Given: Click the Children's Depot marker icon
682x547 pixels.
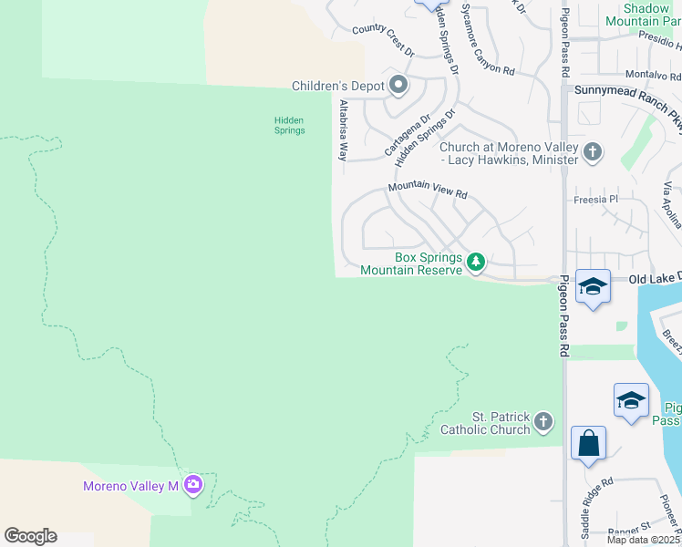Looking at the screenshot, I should click(x=398, y=87).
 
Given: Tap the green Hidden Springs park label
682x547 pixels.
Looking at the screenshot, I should click(x=290, y=125).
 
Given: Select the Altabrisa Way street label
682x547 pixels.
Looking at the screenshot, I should click(x=344, y=130).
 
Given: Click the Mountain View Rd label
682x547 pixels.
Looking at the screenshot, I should click(x=427, y=191).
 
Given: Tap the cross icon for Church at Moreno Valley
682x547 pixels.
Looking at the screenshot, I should click(x=593, y=151).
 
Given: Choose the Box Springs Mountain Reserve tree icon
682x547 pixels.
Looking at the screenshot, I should click(x=475, y=263).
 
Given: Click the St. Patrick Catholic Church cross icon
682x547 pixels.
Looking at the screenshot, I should click(x=543, y=422).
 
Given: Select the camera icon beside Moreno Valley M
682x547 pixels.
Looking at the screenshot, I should click(x=192, y=485).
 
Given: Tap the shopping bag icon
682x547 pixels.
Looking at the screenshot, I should click(x=588, y=444).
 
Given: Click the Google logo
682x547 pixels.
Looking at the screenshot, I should click(x=30, y=536).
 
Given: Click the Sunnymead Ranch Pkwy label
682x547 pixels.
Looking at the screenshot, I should click(x=629, y=98).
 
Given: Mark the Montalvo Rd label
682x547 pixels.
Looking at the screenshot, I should click(x=653, y=75).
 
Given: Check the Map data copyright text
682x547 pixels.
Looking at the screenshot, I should click(x=644, y=540).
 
